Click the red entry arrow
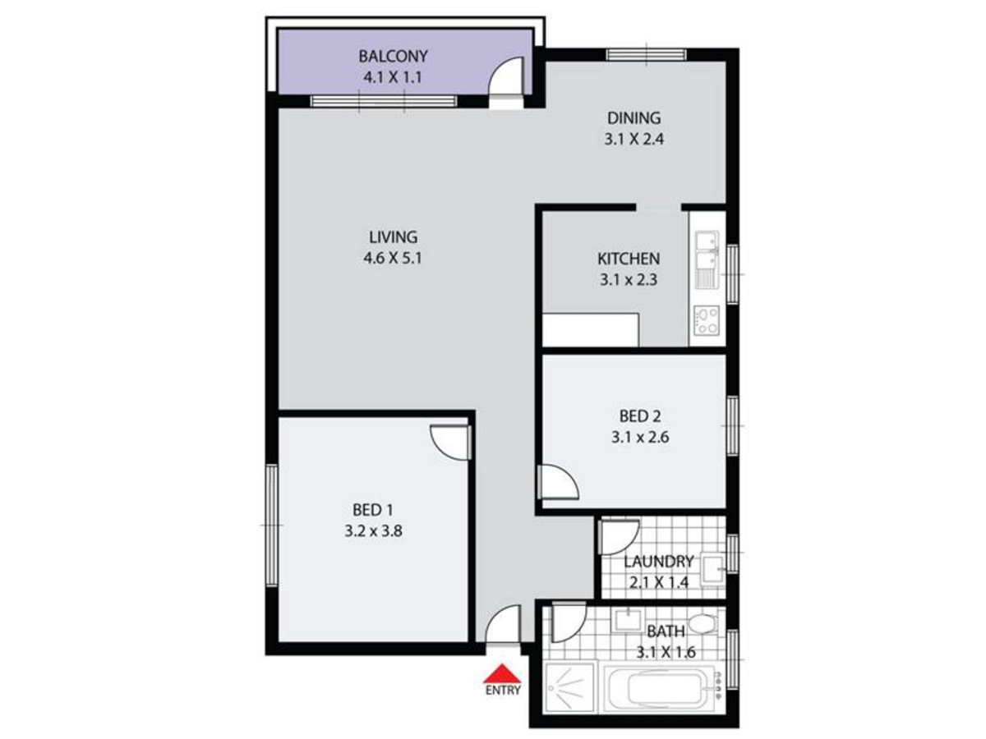[502, 673]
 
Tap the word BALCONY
[393, 56]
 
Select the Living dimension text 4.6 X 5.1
[393, 258]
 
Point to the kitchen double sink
[707, 259]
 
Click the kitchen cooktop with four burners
[707, 320]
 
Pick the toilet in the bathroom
[702, 623]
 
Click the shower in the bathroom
[569, 688]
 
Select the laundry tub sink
[713, 569]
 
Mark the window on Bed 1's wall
[271, 526]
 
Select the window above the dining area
[646, 55]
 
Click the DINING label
[634, 118]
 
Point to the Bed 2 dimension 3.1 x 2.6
[639, 437]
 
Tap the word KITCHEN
[629, 259]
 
